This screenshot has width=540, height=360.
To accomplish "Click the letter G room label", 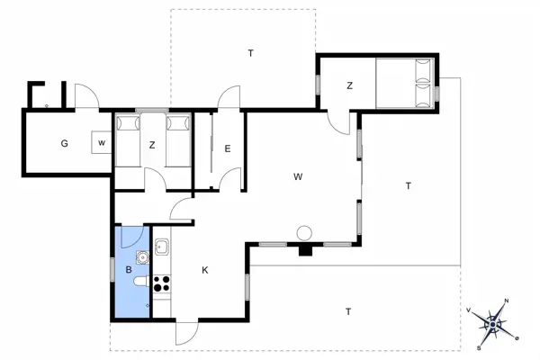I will tap(65, 144).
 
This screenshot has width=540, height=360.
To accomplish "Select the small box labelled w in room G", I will tap(101, 143).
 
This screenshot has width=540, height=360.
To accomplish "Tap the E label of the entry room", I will tap(229, 149).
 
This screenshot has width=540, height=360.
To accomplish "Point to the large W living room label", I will tap(297, 176).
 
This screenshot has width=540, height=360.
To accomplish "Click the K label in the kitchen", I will tap(205, 270).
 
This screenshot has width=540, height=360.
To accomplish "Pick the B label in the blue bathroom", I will tap(129, 269).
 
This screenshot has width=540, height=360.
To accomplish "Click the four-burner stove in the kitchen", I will tap(163, 284).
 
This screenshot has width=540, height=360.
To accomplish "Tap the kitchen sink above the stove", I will tap(162, 247).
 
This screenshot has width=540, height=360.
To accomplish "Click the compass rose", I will tap(495, 322).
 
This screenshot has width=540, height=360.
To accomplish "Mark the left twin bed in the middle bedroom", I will tap(127, 139).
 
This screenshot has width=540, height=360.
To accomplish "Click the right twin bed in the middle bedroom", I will tap(179, 139).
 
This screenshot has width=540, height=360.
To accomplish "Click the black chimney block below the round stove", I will tap(306, 249).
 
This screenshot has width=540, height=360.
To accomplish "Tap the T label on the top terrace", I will tap(251, 54).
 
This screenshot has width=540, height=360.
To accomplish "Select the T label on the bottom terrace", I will tap(347, 311).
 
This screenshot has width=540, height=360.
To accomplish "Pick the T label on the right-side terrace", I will tap(408, 186).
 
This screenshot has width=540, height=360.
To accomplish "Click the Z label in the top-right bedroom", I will tap(349, 86).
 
